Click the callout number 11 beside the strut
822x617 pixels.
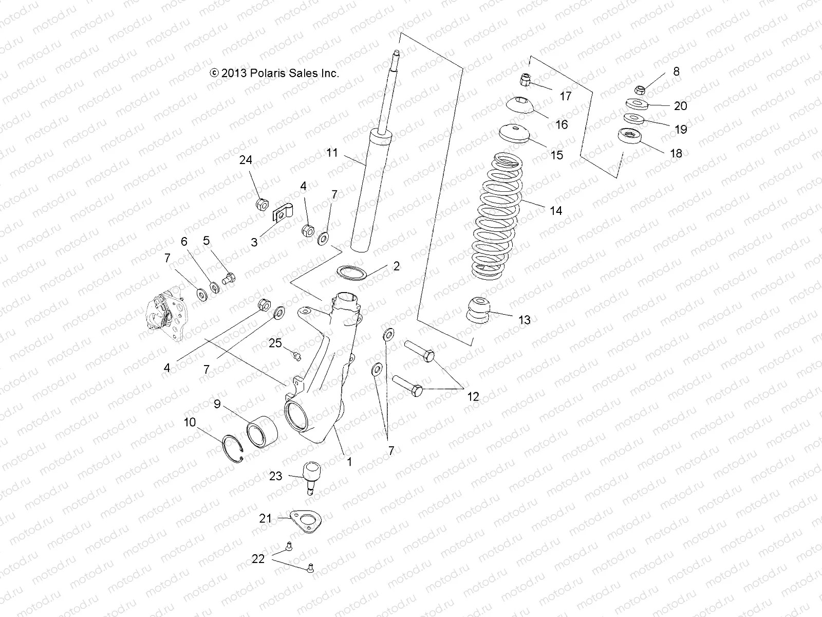coord(332,153)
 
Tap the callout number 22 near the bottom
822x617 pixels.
coord(258,558)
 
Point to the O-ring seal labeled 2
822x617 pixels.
coord(350,271)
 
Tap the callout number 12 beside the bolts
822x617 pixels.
coord(473,396)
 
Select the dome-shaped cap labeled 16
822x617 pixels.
coord(522,105)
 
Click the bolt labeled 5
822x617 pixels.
coord(228,279)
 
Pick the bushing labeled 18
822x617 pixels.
coord(630,138)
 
